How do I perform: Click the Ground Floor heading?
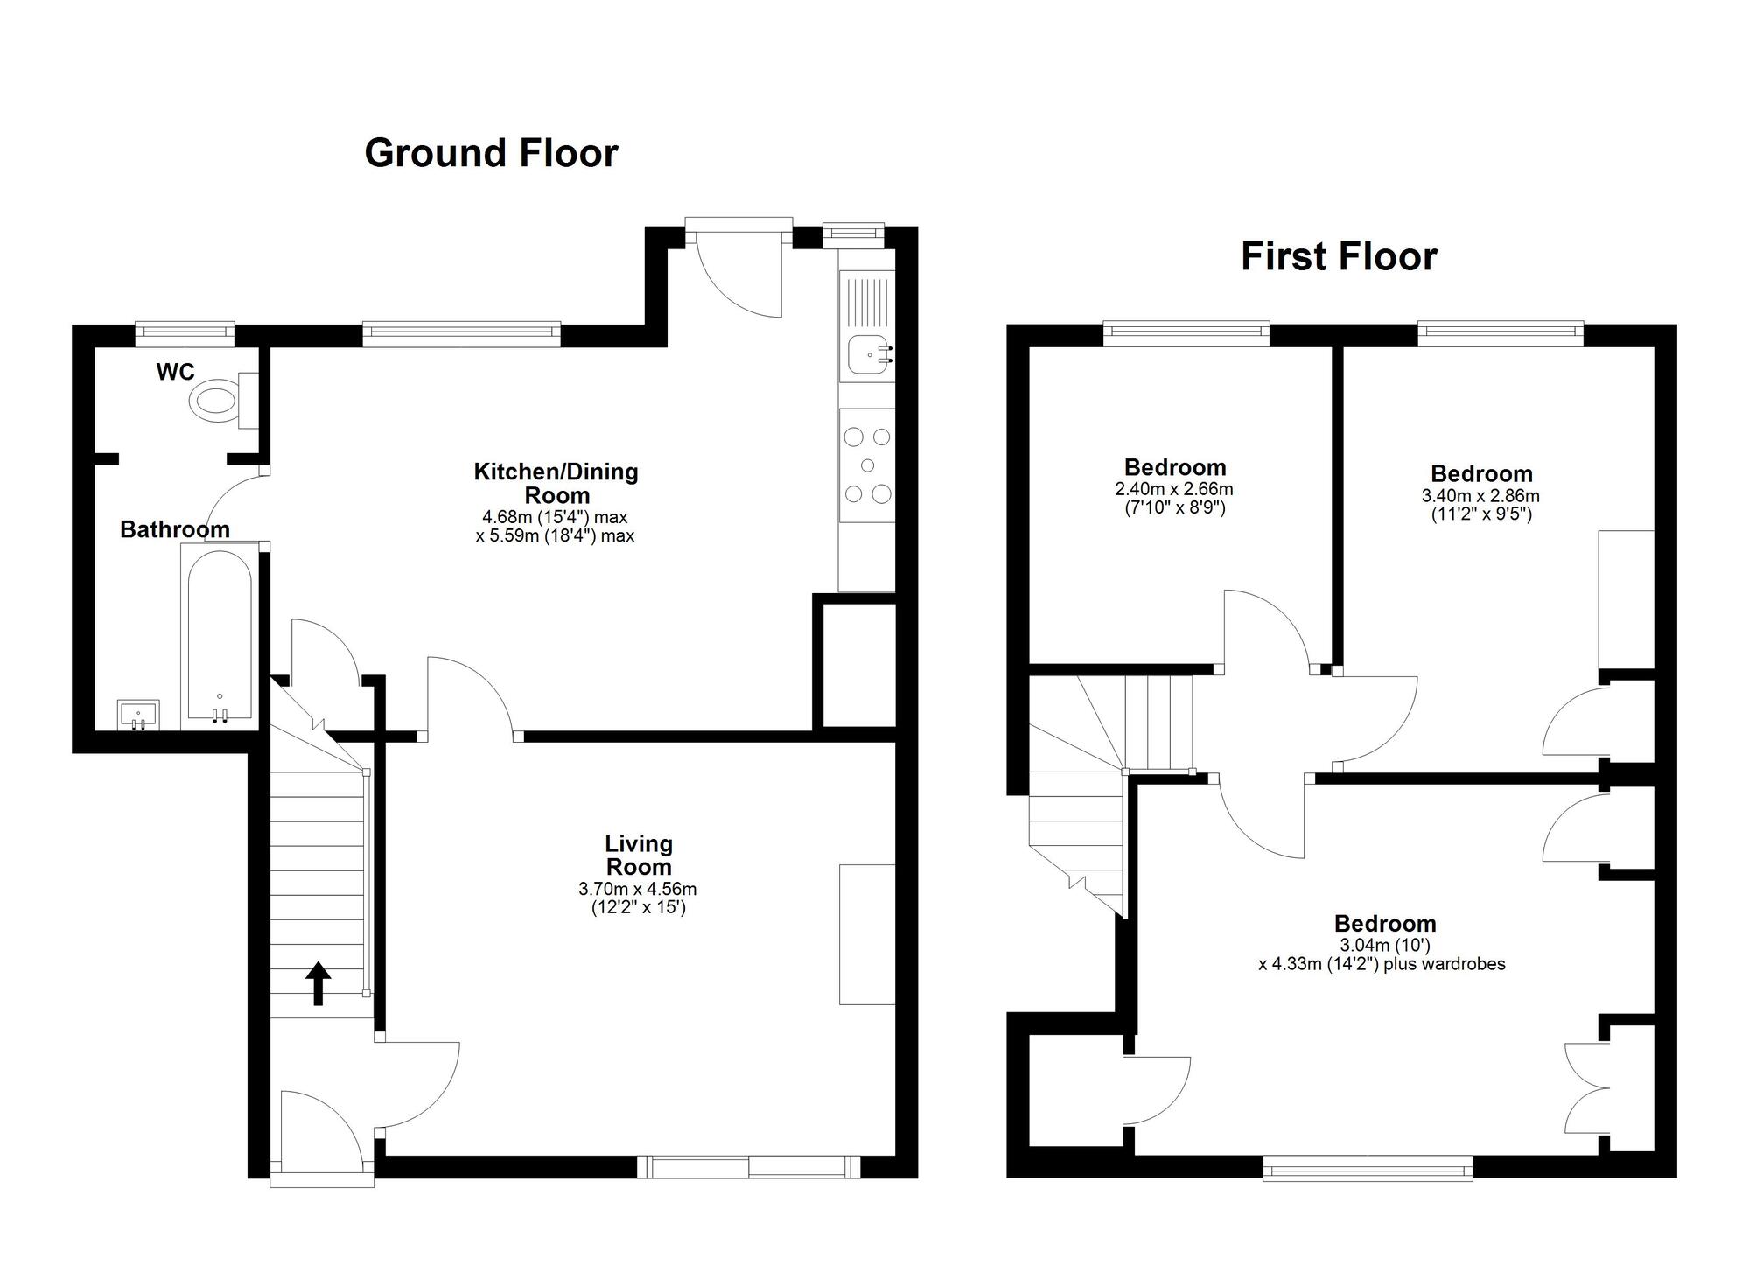tap(491, 153)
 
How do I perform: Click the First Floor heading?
tap(1339, 256)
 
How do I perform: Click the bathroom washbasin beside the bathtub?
tap(138, 714)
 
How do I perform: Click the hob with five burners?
tap(867, 465)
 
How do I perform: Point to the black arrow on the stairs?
tap(318, 983)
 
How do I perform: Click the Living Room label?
tap(639, 856)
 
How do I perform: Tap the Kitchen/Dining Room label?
tap(556, 483)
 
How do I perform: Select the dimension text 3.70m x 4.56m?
tap(637, 890)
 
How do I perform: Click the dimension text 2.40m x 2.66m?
tap(1174, 490)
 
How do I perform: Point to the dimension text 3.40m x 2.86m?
tap(1480, 496)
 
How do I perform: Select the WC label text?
tap(175, 372)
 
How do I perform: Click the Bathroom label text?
tap(174, 529)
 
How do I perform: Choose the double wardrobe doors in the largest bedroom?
tap(1585, 1089)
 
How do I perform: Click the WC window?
tap(185, 331)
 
